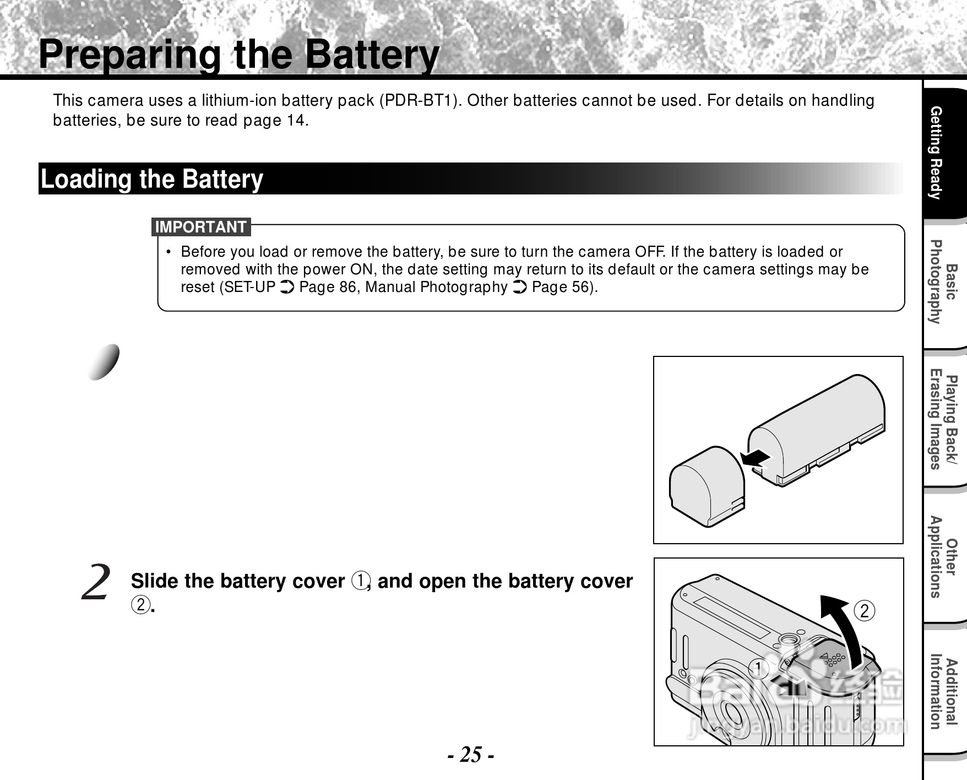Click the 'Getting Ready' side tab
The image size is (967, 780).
942,153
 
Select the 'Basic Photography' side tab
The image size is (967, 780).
942,282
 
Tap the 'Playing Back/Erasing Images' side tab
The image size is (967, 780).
942,422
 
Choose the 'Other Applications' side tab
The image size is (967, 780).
942,557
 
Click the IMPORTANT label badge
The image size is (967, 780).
201,227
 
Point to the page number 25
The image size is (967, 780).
471,754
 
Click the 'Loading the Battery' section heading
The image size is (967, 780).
153,179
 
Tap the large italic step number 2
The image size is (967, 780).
96,583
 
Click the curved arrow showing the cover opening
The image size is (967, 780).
843,628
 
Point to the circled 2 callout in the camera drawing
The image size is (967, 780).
865,611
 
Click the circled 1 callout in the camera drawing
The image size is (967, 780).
759,669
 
